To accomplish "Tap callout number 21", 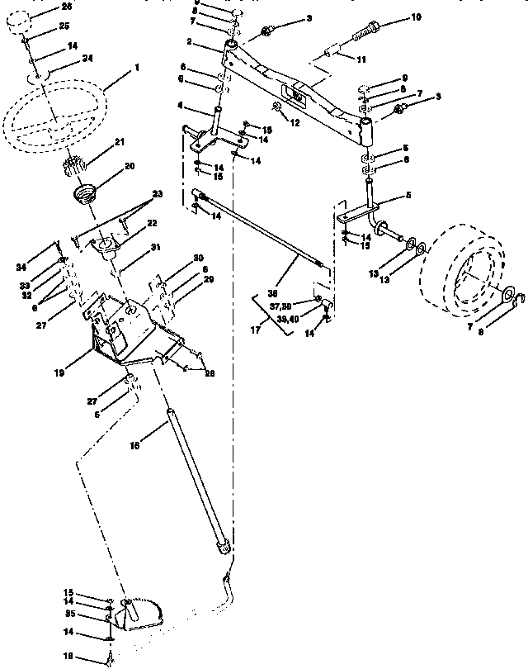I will click(119, 143).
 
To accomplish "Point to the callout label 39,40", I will click(289, 319).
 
